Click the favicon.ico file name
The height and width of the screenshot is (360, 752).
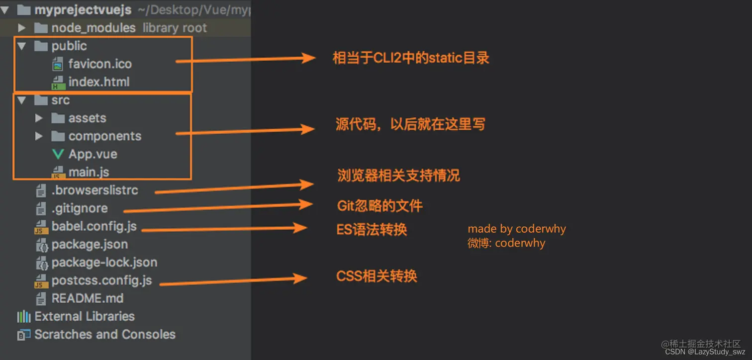click(100, 64)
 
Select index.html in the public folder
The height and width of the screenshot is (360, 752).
click(99, 82)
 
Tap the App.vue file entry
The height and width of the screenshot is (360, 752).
click(93, 154)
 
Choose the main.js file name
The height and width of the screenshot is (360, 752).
click(89, 172)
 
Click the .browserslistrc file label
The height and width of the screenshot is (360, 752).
click(94, 190)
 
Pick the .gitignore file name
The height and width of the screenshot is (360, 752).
click(80, 208)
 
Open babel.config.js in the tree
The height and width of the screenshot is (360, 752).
click(94, 227)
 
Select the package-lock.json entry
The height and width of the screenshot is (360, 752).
click(104, 263)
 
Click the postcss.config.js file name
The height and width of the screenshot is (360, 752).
click(101, 280)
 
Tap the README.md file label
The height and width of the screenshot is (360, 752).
click(88, 299)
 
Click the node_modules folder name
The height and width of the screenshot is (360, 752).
click(94, 28)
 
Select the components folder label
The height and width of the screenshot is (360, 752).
click(104, 136)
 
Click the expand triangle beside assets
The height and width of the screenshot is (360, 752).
click(39, 118)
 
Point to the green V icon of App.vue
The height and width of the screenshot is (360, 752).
click(58, 154)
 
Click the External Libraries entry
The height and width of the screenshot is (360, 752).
click(84, 317)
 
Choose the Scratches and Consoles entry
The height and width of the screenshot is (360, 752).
click(104, 335)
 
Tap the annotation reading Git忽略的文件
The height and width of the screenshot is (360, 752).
click(380, 206)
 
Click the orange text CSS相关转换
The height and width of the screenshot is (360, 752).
click(376, 276)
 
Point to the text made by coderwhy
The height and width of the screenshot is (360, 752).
click(516, 229)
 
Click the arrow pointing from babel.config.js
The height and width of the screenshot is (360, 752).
click(224, 229)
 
